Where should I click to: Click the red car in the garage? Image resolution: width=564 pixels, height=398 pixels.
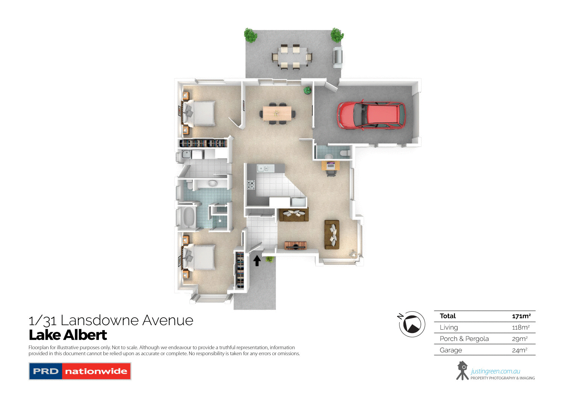pos(371,115)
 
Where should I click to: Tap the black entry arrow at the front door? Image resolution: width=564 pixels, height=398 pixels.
pos(257,260)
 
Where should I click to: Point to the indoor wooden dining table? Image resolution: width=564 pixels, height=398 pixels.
pos(277,113)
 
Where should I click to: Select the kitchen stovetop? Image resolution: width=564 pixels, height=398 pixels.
pos(251,185)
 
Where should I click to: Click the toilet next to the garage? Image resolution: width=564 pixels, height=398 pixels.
pos(343,153)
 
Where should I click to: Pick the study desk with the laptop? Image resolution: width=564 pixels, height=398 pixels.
pos(331,165)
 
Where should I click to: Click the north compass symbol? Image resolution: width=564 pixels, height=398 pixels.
pos(412,324)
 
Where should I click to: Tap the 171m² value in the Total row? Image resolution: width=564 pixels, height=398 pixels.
pos(521,316)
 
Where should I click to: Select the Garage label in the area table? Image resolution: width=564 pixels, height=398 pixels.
pos(451,350)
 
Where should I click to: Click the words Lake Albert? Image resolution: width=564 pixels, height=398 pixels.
pos(68,335)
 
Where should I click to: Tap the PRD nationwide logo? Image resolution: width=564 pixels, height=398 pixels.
pos(80,371)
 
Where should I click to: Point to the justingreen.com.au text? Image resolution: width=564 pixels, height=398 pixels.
pos(495,371)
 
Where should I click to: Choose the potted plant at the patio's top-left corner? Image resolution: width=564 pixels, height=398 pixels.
pos(250,35)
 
